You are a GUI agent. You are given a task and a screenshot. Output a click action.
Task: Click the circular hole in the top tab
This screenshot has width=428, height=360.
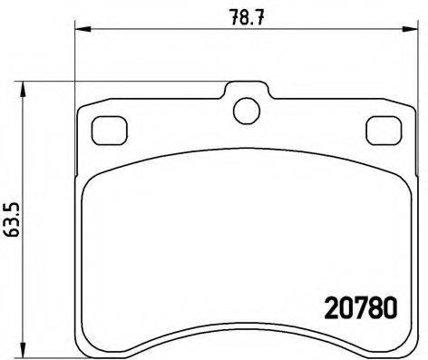[x=245, y=110]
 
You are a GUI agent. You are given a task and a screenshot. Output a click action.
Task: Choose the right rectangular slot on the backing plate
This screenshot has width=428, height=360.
[x=379, y=131]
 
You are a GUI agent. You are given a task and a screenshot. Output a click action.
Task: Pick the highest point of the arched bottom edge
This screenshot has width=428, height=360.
[x=245, y=329]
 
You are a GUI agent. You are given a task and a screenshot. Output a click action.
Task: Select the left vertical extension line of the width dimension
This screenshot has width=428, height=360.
[x=73, y=63]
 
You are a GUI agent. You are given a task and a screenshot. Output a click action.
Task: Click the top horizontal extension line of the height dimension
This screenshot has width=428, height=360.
[x=127, y=84]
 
